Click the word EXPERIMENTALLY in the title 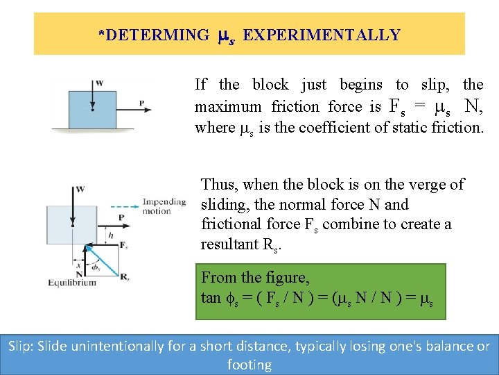(x=322, y=35)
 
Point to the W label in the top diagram (x=100, y=83)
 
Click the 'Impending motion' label (x=164, y=206)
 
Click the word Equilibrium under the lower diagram (x=73, y=283)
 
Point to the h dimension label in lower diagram (x=110, y=235)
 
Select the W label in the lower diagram (x=80, y=189)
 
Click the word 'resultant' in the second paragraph (x=229, y=244)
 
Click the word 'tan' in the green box (x=211, y=298)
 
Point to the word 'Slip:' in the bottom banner (x=25, y=346)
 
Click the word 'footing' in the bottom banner (x=249, y=364)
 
